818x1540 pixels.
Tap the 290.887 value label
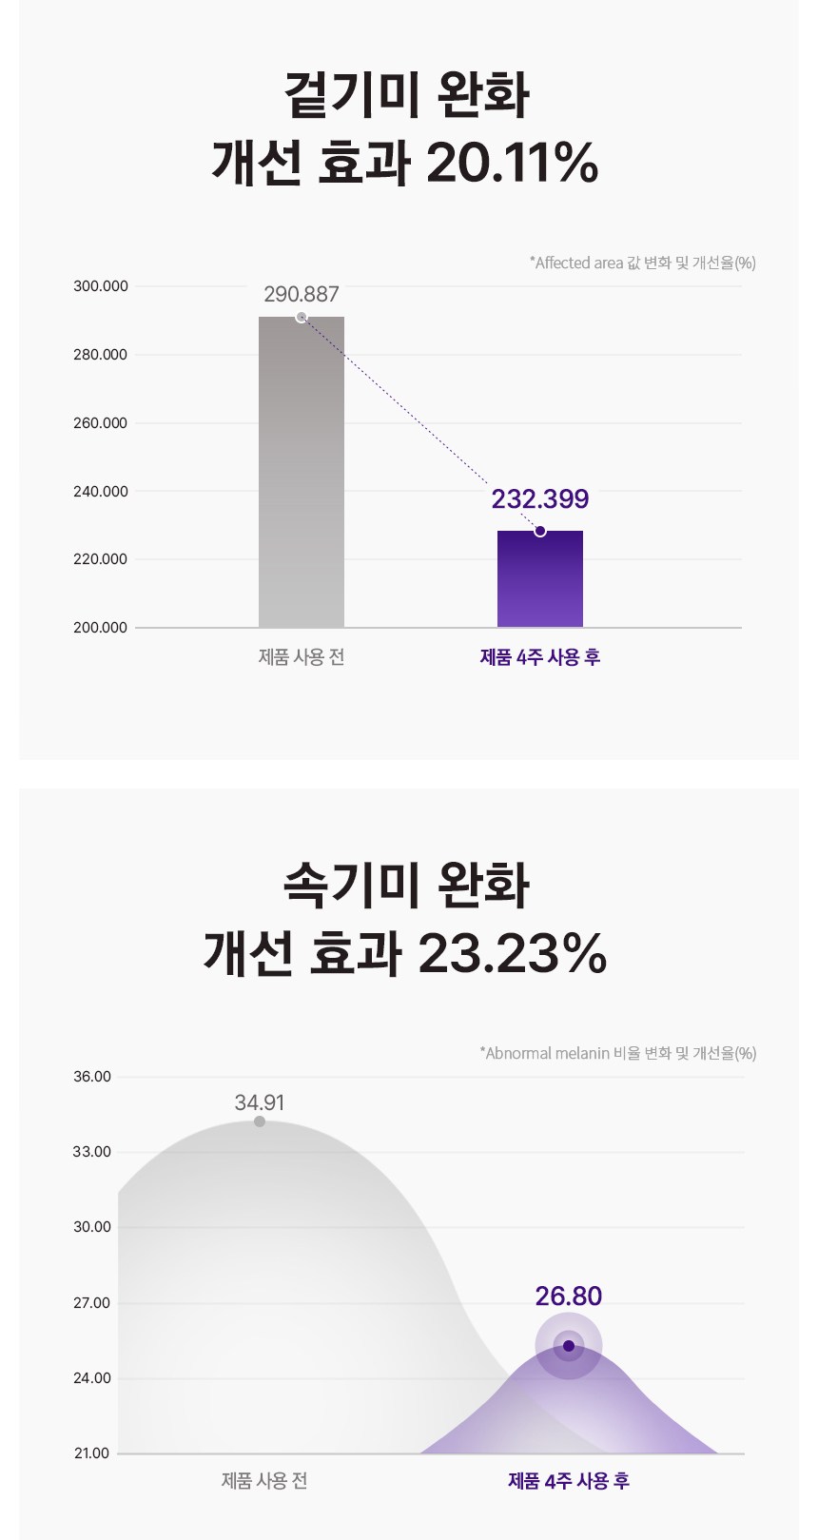[x=302, y=295]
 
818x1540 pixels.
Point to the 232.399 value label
[x=540, y=499]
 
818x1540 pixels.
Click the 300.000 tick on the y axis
[x=101, y=286]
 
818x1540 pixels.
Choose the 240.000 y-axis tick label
[x=101, y=492]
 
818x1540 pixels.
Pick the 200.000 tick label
[x=101, y=628]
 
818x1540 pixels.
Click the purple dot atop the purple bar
[x=540, y=531]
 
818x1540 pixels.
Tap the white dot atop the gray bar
[x=302, y=318]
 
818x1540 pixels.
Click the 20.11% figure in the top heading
[x=512, y=163]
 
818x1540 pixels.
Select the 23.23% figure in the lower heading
[x=512, y=953]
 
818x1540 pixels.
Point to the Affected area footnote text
[x=643, y=263]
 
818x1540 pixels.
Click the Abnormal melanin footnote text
[x=618, y=1053]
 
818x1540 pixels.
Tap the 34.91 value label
[x=260, y=1102]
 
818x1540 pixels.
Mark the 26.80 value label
[x=569, y=1296]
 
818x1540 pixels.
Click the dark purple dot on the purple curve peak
[x=569, y=1346]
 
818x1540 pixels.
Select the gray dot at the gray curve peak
[x=260, y=1122]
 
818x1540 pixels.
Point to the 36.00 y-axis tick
[x=92, y=1077]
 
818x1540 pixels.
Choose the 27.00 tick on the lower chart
[x=92, y=1303]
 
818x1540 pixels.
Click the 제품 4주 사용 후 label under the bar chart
[x=540, y=657]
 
